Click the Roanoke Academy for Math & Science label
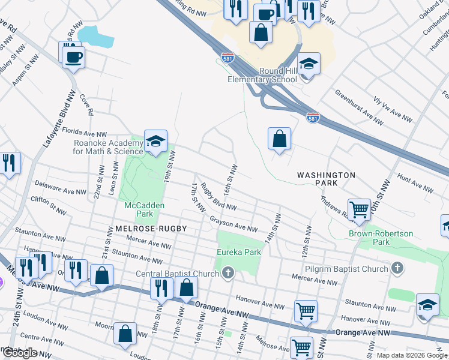pyautogui.click(x=109, y=147)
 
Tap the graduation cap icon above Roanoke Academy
pyautogui.click(x=155, y=142)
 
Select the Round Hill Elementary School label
pyautogui.click(x=262, y=75)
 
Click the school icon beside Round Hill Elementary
pyautogui.click(x=309, y=64)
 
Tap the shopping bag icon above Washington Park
pyautogui.click(x=280, y=139)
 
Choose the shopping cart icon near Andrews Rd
pyautogui.click(x=359, y=210)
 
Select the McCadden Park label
pyautogui.click(x=144, y=209)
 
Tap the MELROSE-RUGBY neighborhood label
pyautogui.click(x=148, y=229)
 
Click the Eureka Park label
pyautogui.click(x=239, y=252)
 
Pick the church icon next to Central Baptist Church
pyautogui.click(x=228, y=274)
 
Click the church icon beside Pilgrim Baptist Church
pyautogui.click(x=397, y=269)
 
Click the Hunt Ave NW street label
pyautogui.click(x=415, y=184)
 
